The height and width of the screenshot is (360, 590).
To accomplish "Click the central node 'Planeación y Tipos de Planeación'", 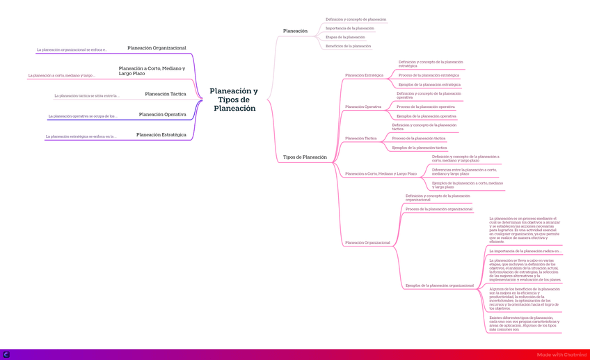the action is pyautogui.click(x=234, y=100).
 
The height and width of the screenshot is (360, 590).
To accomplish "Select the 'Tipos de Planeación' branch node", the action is pyautogui.click(x=305, y=157).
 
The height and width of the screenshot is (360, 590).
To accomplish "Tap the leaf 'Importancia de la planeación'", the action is pyautogui.click(x=350, y=29).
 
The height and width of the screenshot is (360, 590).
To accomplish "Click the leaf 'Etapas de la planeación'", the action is pyautogui.click(x=345, y=38).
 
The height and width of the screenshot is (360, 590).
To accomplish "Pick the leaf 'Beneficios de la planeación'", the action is pyautogui.click(x=348, y=47).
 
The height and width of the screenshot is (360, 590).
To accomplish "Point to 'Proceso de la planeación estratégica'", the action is pyautogui.click(x=429, y=75).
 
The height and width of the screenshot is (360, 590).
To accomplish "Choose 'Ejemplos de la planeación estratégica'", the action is pyautogui.click(x=429, y=85).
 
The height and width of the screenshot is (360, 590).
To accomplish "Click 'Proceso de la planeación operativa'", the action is pyautogui.click(x=426, y=107).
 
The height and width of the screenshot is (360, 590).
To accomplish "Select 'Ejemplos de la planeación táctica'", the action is pyautogui.click(x=420, y=148).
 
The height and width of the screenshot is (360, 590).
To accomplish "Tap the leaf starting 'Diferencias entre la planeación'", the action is pyautogui.click(x=464, y=171).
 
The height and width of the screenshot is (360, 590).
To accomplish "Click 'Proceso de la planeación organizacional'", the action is pyautogui.click(x=439, y=209).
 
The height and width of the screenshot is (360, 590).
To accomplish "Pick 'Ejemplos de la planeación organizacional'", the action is pyautogui.click(x=440, y=285).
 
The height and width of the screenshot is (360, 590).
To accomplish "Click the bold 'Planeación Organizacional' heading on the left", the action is pyautogui.click(x=157, y=48).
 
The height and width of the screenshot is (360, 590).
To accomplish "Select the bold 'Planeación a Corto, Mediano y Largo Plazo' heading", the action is pyautogui.click(x=152, y=71).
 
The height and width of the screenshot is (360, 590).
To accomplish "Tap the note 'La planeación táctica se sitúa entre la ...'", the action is pyautogui.click(x=87, y=96).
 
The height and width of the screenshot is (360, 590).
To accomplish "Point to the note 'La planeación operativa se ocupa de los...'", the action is pyautogui.click(x=83, y=116).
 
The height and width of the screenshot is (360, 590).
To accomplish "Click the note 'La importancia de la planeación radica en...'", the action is pyautogui.click(x=525, y=251).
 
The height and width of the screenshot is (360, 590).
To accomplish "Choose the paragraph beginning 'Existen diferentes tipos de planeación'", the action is pyautogui.click(x=524, y=323).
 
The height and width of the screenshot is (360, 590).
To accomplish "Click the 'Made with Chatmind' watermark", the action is pyautogui.click(x=561, y=355).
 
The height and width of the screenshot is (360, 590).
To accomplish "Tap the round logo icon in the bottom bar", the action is pyautogui.click(x=6, y=355).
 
